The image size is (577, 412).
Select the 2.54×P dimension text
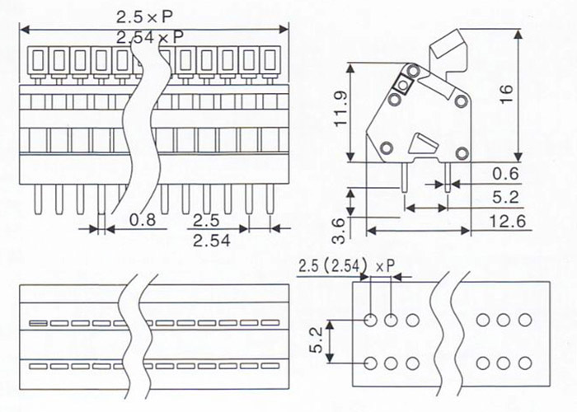tap(149, 37)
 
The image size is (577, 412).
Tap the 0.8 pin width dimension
tap(143, 220)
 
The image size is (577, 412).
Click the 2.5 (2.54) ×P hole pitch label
tap(347, 265)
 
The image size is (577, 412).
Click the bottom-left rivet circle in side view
tap(385, 148)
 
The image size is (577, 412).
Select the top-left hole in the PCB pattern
tap(371, 320)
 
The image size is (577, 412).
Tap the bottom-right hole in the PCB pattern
tap(524, 363)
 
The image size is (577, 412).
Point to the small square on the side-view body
tap(402, 84)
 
